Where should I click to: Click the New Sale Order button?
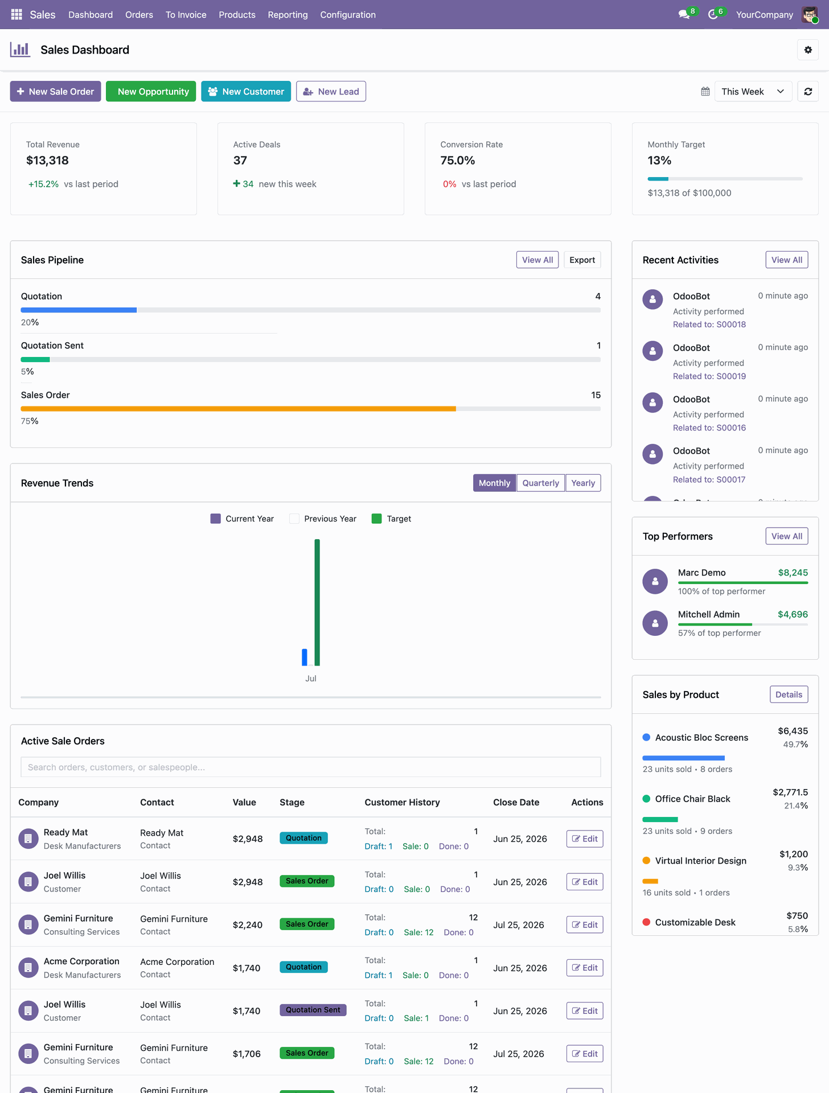55,92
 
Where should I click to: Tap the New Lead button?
331,92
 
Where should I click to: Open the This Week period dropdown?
753,92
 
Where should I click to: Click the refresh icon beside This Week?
808,92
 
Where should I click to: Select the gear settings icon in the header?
808,50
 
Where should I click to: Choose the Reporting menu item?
288,15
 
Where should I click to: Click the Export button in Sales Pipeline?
582,260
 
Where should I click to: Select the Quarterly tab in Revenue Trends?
540,483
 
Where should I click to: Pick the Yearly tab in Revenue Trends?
583,483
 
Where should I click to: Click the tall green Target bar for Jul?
317,602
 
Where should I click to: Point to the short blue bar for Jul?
305,657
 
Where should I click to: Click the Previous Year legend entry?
323,519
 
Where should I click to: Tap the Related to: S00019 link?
709,376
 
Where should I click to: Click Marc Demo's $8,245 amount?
793,573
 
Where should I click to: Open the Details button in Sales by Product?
789,695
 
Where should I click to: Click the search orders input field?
311,767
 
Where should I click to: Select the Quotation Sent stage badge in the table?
313,1010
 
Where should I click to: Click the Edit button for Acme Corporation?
584,968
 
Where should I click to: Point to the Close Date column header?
516,802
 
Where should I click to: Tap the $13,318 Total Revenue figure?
47,161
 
